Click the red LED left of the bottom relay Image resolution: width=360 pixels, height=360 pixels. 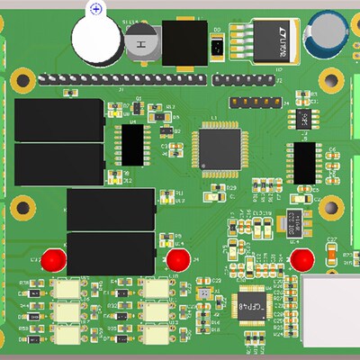pyautogui.click(x=55, y=260)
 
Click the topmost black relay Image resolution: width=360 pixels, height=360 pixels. pyautogui.click(x=58, y=120)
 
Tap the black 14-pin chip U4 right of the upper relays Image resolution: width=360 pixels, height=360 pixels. pyautogui.click(x=133, y=145)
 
